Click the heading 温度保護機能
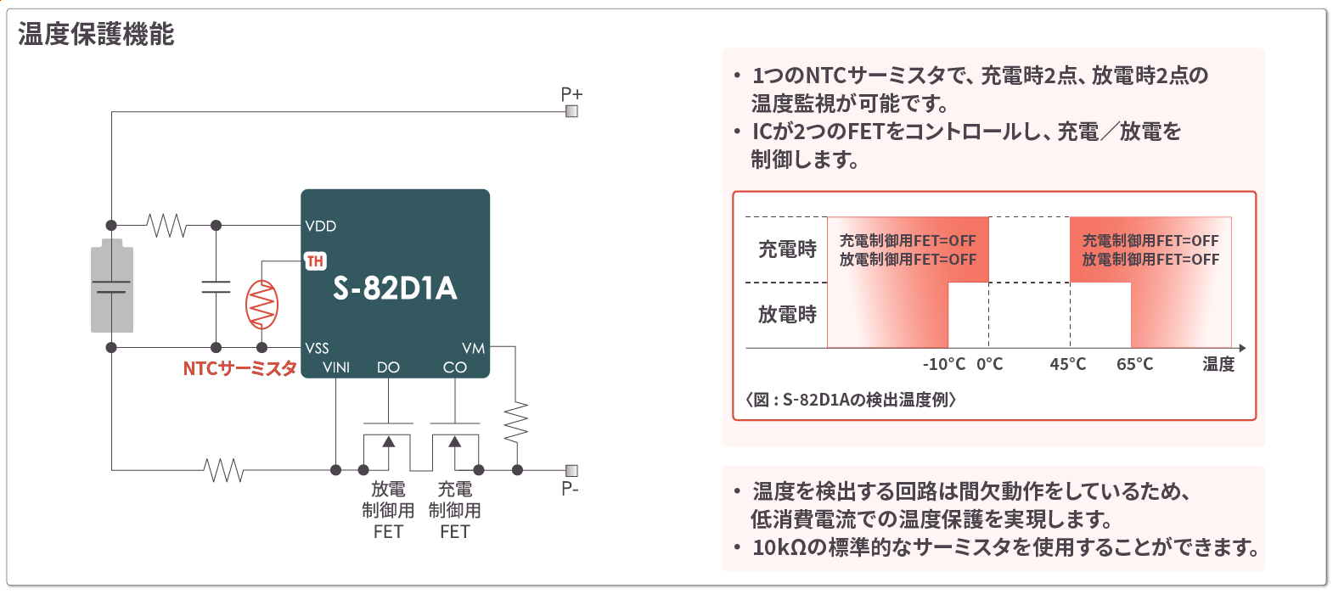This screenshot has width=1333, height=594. [96, 35]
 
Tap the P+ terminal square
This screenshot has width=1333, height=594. [571, 111]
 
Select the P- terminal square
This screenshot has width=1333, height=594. [571, 470]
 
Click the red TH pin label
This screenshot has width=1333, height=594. [315, 261]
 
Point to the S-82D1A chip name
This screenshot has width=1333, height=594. [395, 289]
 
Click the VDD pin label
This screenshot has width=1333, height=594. [321, 226]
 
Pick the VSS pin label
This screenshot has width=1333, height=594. [318, 348]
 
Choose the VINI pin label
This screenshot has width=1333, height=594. [336, 367]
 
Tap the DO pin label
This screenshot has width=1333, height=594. [388, 367]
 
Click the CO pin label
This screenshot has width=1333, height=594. [455, 367]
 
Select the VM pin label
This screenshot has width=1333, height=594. [473, 348]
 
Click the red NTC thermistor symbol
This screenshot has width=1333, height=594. [262, 305]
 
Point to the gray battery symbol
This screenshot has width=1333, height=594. [112, 286]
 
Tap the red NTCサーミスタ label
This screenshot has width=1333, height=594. [239, 368]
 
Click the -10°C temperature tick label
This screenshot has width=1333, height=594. [943, 364]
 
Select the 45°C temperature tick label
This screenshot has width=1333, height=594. [1067, 364]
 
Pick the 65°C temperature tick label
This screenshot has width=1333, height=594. [1134, 364]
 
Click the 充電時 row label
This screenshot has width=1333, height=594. [787, 249]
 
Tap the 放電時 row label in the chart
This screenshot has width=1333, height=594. [787, 315]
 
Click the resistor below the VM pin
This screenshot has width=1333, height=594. [516, 422]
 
